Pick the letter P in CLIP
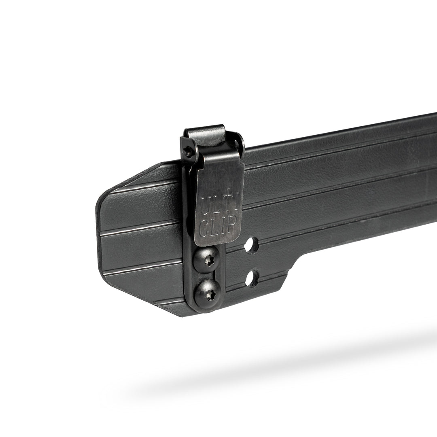click(x=233, y=223)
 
